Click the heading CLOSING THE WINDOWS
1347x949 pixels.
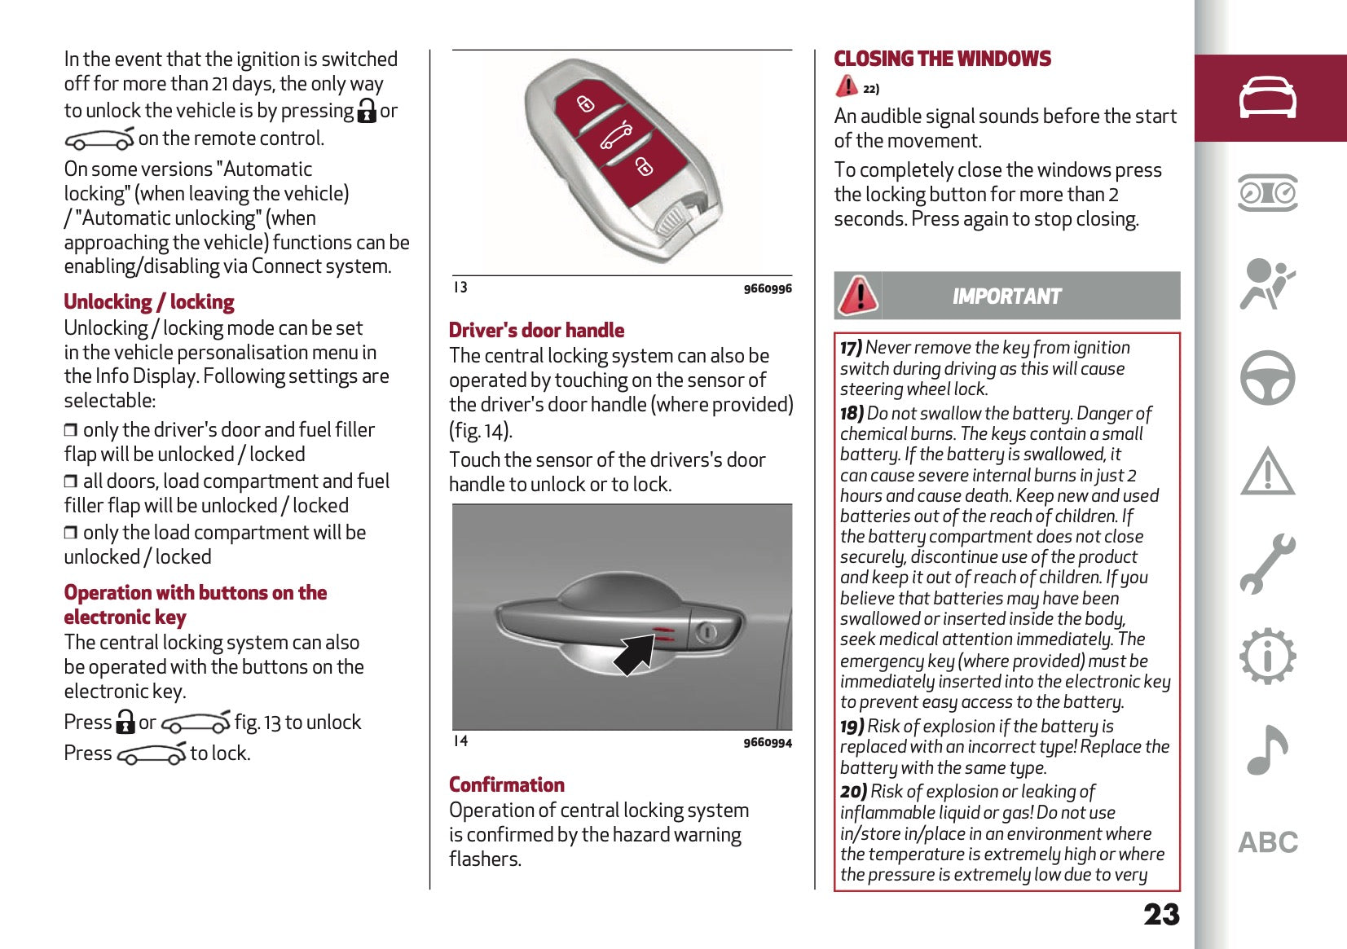tap(942, 59)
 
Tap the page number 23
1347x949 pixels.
tap(1161, 915)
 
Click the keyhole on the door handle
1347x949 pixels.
tap(707, 632)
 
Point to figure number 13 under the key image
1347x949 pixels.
tap(460, 288)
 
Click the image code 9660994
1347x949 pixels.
tap(767, 742)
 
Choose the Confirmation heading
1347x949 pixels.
tap(507, 785)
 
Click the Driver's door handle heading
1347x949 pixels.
tap(536, 331)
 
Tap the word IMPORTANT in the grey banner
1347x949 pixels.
tap(1007, 297)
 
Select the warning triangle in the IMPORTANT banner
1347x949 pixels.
tap(858, 295)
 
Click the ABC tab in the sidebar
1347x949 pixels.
tap(1268, 842)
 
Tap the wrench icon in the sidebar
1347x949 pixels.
tap(1268, 564)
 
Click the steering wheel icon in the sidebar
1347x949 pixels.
tap(1268, 378)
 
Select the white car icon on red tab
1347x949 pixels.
tap(1268, 99)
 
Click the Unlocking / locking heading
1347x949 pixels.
tap(149, 302)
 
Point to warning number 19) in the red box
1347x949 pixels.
tap(852, 727)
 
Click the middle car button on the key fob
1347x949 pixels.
tap(616, 136)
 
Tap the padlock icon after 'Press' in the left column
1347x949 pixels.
tap(125, 722)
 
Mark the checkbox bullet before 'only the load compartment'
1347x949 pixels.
tap(71, 533)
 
